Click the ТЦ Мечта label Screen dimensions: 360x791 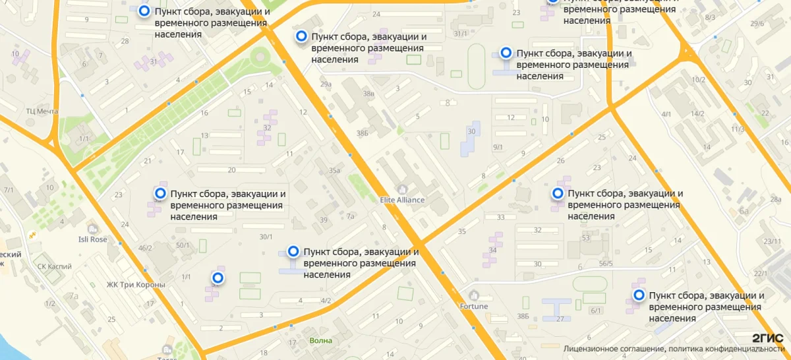(42, 111)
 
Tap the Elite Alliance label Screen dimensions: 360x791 (402, 199)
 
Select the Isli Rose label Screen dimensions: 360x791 (92, 239)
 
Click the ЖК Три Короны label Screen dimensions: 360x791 (136, 285)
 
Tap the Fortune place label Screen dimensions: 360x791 (474, 306)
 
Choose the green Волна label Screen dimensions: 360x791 (321, 341)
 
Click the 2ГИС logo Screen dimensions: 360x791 (767, 338)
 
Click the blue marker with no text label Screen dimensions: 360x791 (217, 278)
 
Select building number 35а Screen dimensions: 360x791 (334, 171)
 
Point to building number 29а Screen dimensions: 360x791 (326, 84)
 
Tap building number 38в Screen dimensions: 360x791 (368, 94)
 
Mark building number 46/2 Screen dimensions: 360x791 (145, 248)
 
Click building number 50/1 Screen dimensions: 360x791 (183, 245)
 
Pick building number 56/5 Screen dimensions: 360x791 (605, 264)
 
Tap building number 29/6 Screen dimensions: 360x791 (757, 24)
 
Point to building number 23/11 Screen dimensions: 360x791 (772, 241)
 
